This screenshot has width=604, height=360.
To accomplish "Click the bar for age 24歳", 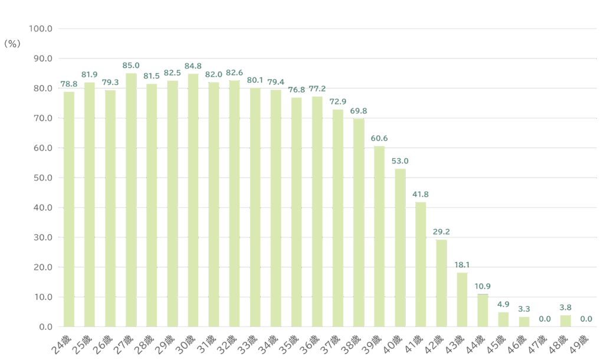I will coord(69,209).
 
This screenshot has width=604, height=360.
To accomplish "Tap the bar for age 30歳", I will coord(193,200).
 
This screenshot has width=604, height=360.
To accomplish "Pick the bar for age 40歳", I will coord(400,247).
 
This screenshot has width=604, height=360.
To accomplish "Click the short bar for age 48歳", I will coord(565,321).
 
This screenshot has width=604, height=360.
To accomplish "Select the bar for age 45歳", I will coord(503,319).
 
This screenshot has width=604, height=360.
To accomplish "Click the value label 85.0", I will coord(131,66).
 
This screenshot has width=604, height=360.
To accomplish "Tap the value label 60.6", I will coord(379,138).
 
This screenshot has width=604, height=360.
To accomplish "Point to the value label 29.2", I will coord(441,232).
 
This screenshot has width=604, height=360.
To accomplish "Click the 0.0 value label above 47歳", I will coord(544,319).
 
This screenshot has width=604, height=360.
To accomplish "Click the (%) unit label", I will coord(12,44).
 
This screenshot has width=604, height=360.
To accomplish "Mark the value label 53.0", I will coord(400,161).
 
